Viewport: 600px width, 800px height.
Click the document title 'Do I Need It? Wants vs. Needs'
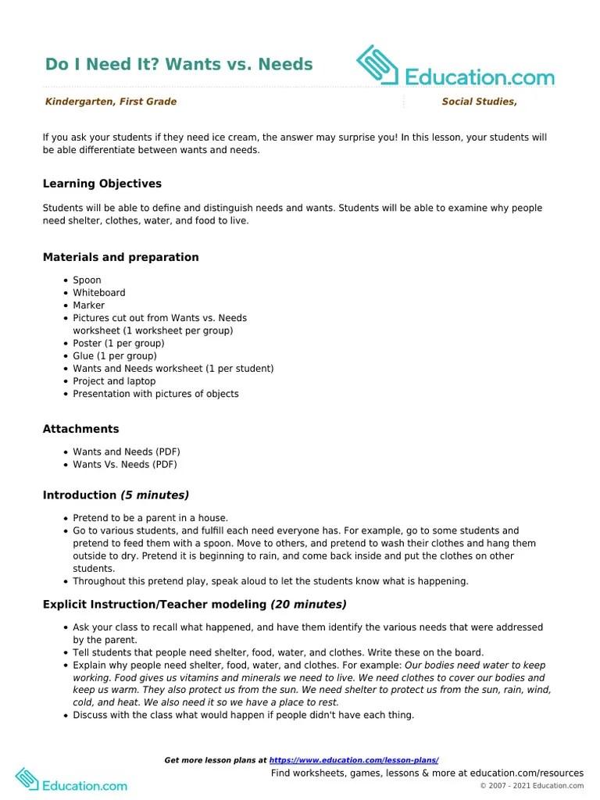[x=179, y=64]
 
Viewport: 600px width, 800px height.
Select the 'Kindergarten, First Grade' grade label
[x=111, y=102]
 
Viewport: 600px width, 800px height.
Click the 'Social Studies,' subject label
[x=479, y=102]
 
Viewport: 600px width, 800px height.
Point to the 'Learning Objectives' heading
[x=102, y=184]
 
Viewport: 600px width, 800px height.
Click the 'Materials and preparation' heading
[x=120, y=257]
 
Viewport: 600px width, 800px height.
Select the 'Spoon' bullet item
[x=87, y=280]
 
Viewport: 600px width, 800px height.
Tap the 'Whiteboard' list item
[x=99, y=292]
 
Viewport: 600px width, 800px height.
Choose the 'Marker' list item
[x=88, y=305]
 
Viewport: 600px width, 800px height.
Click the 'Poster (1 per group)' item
[x=119, y=343]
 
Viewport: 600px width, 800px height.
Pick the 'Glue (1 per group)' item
[x=115, y=355]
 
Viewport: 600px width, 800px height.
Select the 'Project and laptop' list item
[x=114, y=381]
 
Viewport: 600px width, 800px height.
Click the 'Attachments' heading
[x=80, y=429]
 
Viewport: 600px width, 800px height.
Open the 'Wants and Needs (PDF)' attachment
[x=127, y=452]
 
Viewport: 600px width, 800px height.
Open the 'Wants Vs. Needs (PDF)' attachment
[x=125, y=464]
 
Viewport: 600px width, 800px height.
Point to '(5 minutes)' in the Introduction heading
[x=154, y=495]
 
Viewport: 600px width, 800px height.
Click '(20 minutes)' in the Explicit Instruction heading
[x=309, y=604]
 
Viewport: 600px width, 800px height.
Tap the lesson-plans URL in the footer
[x=354, y=760]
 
